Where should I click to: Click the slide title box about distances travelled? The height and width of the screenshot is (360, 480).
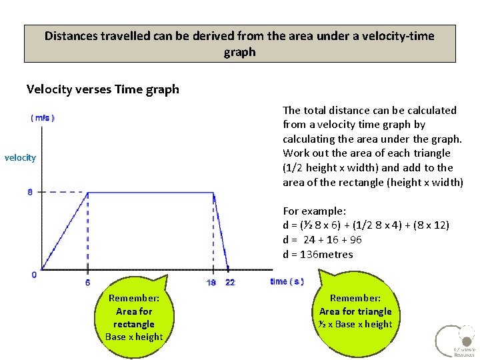pyautogui.click(x=239, y=43)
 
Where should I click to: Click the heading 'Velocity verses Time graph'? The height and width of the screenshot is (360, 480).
pyautogui.click(x=103, y=89)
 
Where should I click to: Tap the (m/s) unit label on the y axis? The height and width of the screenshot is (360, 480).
pyautogui.click(x=43, y=117)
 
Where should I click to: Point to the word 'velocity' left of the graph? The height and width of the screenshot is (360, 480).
pyautogui.click(x=20, y=157)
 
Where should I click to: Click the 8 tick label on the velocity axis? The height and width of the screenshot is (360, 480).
pyautogui.click(x=30, y=193)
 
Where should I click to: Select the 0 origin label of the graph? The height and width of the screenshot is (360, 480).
pyautogui.click(x=34, y=275)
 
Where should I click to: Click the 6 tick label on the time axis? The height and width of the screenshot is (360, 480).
pyautogui.click(x=88, y=282)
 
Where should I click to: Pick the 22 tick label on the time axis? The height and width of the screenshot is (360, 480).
pyautogui.click(x=230, y=282)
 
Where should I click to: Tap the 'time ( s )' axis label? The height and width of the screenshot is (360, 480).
pyautogui.click(x=287, y=281)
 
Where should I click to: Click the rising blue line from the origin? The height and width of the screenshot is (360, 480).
pyautogui.click(x=65, y=231)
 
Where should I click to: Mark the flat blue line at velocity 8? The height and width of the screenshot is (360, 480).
pyautogui.click(x=150, y=193)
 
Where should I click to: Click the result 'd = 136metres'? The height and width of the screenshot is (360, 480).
pyautogui.click(x=318, y=254)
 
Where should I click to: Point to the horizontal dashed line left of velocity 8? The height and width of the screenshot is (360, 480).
pyautogui.click(x=63, y=193)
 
